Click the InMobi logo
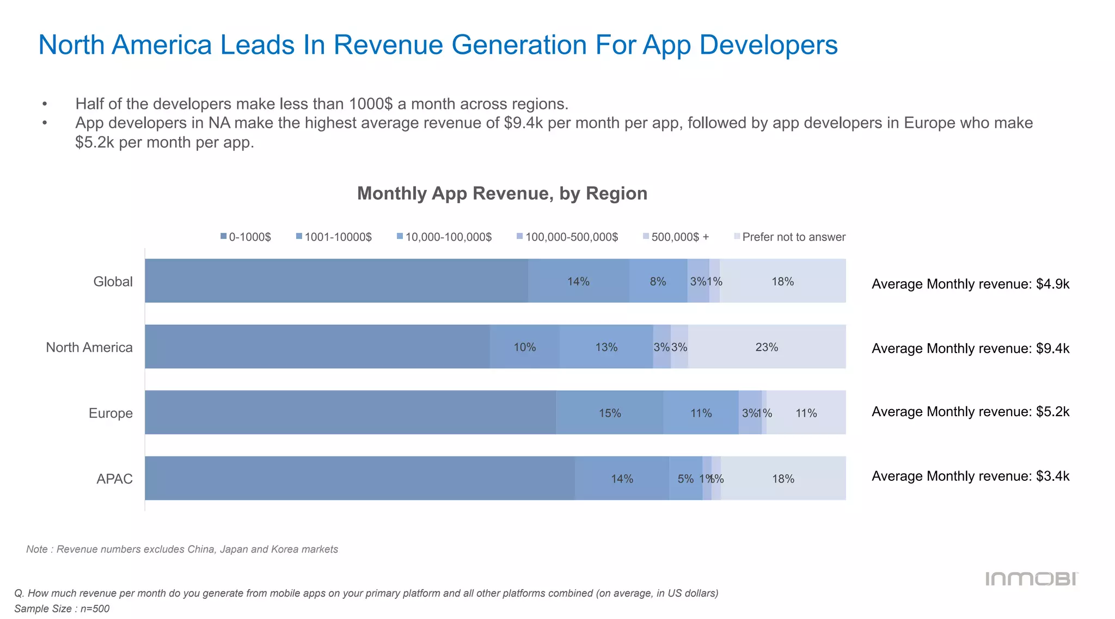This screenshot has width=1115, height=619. pyautogui.click(x=1031, y=579)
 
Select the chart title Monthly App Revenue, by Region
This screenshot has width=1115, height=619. pyautogui.click(x=502, y=194)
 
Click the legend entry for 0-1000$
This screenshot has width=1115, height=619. pyautogui.click(x=246, y=237)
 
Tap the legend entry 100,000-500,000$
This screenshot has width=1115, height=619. pyautogui.click(x=567, y=237)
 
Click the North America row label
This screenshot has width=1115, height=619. pyautogui.click(x=89, y=348)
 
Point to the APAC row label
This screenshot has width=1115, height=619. pyautogui.click(x=114, y=479)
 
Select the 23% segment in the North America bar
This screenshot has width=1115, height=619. pyautogui.click(x=767, y=347)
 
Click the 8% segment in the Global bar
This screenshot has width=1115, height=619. pyautogui.click(x=658, y=281)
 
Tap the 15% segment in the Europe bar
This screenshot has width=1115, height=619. pyautogui.click(x=610, y=413)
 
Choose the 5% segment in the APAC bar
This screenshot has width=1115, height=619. pyautogui.click(x=685, y=479)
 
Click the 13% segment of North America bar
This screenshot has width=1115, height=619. pyautogui.click(x=606, y=347)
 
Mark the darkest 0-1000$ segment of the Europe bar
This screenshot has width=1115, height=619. pyautogui.click(x=350, y=413)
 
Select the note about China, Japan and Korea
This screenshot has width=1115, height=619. pyautogui.click(x=182, y=549)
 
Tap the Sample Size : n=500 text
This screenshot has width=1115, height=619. pyautogui.click(x=62, y=609)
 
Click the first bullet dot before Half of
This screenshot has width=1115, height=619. pyautogui.click(x=45, y=104)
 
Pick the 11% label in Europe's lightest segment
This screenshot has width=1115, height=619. pyautogui.click(x=806, y=413)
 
